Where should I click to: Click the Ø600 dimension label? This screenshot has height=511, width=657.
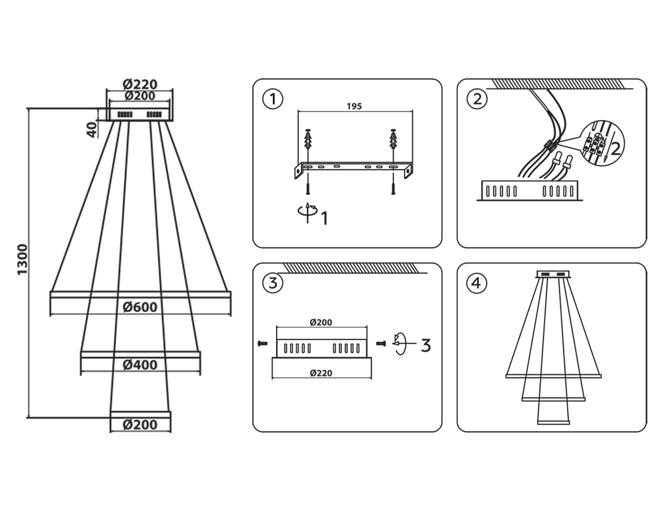tap(140, 307)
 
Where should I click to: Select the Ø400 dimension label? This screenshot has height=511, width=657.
tap(140, 365)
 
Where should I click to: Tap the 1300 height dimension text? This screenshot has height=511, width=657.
tap(23, 260)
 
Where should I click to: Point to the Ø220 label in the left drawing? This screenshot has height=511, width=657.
tap(140, 84)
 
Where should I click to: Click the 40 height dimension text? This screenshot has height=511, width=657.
tap(92, 130)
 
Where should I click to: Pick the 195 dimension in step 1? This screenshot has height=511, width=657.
tap(354, 106)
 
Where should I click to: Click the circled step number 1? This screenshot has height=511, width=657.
tap(273, 99)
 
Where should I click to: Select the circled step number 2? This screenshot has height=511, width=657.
tap(477, 99)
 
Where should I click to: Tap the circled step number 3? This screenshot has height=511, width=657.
tap(273, 283)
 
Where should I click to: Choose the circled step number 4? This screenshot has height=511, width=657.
tap(476, 283)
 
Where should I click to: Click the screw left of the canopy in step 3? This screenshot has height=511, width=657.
tap(262, 343)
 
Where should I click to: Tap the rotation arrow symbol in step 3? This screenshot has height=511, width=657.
tap(400, 344)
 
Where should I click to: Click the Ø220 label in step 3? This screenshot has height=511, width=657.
tap(321, 373)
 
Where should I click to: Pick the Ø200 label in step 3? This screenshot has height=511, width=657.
tap(321, 322)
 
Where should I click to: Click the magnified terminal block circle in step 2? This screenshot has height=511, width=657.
tap(602, 143)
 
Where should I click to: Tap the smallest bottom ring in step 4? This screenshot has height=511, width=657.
tap(553, 423)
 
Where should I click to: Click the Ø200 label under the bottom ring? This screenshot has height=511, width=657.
tap(140, 425)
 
